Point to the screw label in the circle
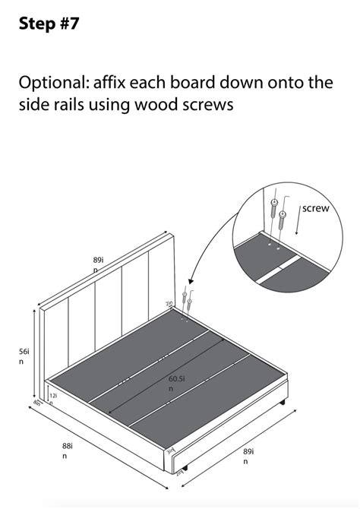click(315, 207)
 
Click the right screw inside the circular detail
click(283, 221)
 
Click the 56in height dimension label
click(25, 356)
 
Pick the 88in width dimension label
click(67, 451)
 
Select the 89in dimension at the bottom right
click(248, 456)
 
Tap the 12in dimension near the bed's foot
click(52, 396)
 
